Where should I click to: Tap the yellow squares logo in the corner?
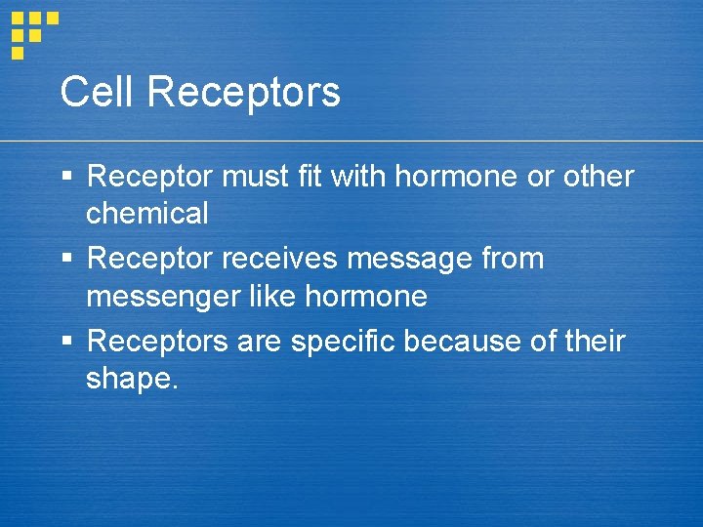click(x=33, y=32)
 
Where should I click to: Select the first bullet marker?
click(x=66, y=178)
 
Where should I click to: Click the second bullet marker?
click(x=66, y=260)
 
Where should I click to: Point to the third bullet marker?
click(x=66, y=342)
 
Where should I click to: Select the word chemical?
click(x=147, y=213)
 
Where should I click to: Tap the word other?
click(x=598, y=178)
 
